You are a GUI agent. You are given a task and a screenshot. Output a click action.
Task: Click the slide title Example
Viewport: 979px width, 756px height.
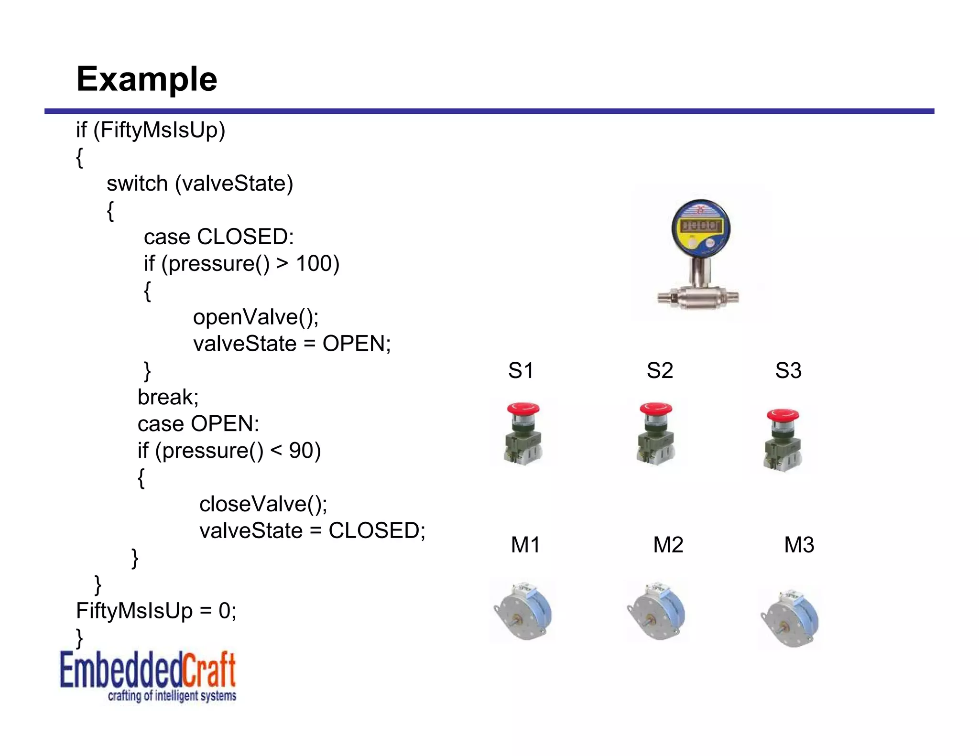[x=147, y=79]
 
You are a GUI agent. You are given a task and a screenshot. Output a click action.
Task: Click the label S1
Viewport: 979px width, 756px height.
[x=521, y=370]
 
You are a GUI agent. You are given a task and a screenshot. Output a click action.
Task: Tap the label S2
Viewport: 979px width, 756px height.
[x=660, y=370]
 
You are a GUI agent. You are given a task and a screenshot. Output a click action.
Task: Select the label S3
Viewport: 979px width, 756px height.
[x=788, y=370]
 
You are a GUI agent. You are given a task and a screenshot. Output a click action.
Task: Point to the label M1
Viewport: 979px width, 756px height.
[x=525, y=545]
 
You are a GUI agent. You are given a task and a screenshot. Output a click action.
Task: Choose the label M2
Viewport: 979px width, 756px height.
[x=668, y=545]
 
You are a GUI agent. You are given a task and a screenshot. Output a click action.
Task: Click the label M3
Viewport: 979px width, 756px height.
[x=799, y=545]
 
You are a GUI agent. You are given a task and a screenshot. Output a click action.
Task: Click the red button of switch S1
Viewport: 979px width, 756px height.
[x=523, y=409]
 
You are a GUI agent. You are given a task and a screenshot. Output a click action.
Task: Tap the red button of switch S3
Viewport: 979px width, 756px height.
[x=783, y=415]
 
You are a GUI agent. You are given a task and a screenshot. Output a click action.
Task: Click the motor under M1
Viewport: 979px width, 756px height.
[x=523, y=612]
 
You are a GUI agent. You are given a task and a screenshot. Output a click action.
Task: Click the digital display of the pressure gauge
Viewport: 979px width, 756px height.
[x=701, y=226]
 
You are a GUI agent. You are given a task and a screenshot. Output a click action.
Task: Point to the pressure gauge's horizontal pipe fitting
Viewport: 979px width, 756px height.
[x=698, y=298]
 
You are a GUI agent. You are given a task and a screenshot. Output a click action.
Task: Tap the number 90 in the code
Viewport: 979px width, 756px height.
[x=301, y=451]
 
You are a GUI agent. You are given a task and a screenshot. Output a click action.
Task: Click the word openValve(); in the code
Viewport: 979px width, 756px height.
[x=256, y=317]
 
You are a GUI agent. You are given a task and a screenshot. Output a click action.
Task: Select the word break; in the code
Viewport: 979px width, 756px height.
[x=168, y=397]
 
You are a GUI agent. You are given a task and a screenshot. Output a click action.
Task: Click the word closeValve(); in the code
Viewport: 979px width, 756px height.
[x=263, y=504]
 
